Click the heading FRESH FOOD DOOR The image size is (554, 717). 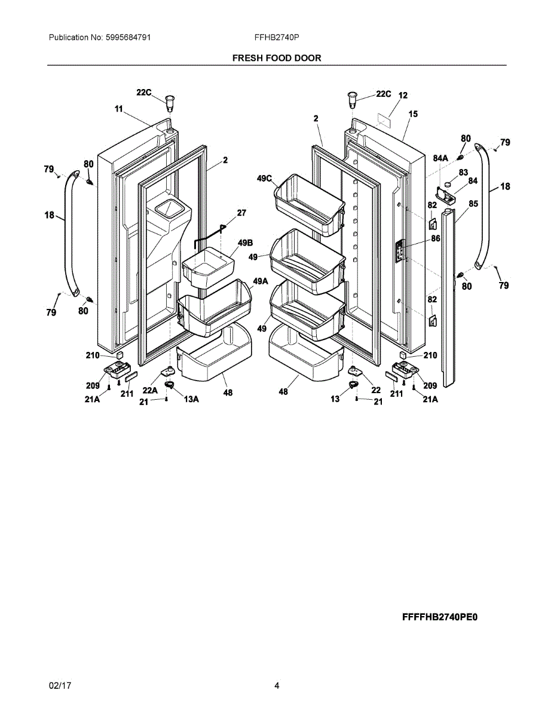pyautogui.click(x=277, y=58)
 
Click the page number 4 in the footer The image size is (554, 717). pyautogui.click(x=277, y=686)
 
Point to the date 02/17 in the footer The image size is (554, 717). pyautogui.click(x=60, y=686)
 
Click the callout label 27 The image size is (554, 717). pyautogui.click(x=241, y=213)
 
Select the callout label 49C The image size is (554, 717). pyautogui.click(x=265, y=179)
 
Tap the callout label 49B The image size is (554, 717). pyautogui.click(x=245, y=243)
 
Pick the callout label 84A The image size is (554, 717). pyautogui.click(x=440, y=158)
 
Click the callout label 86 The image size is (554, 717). pyautogui.click(x=436, y=238)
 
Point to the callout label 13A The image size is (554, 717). pyautogui.click(x=191, y=399)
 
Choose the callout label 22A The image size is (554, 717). pyautogui.click(x=149, y=390)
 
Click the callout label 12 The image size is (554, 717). pyautogui.click(x=403, y=95)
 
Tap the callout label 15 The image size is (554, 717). pyautogui.click(x=413, y=114)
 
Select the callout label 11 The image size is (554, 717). pyautogui.click(x=118, y=109)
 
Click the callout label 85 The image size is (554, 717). pyautogui.click(x=473, y=204)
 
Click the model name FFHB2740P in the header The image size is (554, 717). pyautogui.click(x=277, y=37)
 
